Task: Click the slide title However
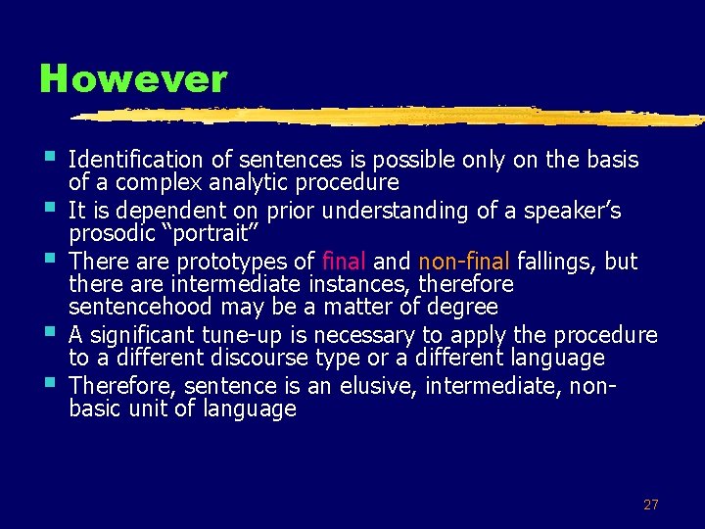point(133,79)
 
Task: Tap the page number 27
point(651,505)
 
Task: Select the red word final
point(344,262)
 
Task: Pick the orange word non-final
point(464,262)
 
